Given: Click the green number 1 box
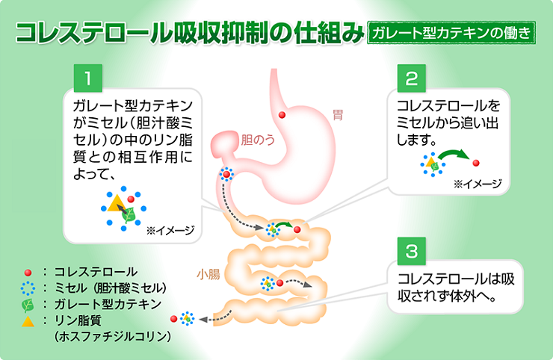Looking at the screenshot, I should [x=87, y=78].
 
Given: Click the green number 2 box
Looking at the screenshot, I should [x=412, y=78].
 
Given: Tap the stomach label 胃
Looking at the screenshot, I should [x=338, y=115].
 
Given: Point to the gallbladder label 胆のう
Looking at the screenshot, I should [x=257, y=139].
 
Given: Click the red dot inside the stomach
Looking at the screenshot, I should [x=282, y=114].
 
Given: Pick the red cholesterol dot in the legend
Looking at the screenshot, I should [x=28, y=273].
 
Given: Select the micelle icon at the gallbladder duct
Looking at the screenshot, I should [x=226, y=175].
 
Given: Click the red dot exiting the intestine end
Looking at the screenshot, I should [x=174, y=319].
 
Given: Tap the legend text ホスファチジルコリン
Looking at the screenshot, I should [x=113, y=337].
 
